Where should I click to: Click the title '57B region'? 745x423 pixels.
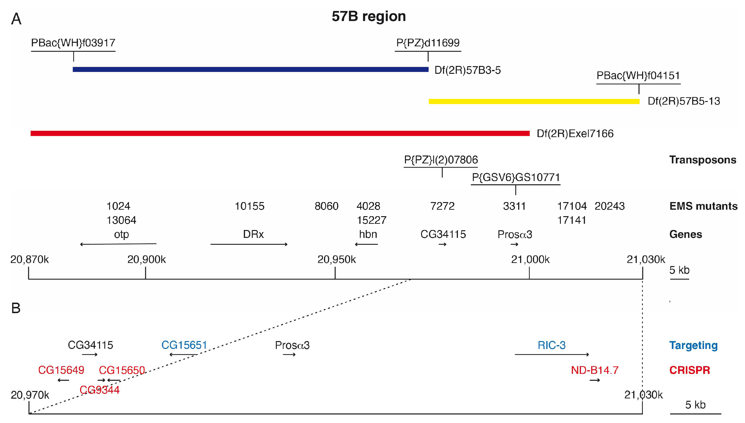(x=369, y=16)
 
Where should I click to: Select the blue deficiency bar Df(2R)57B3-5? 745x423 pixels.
(x=250, y=70)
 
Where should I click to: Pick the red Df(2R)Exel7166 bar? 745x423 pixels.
(x=280, y=133)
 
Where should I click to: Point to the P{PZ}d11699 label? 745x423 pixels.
(x=428, y=43)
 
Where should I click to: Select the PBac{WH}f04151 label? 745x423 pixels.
(x=638, y=75)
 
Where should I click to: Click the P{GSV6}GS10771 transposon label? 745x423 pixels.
(x=516, y=177)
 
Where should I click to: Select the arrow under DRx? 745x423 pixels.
(x=249, y=244)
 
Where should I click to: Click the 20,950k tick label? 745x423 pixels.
(x=336, y=259)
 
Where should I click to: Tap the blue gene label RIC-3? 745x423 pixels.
(x=551, y=345)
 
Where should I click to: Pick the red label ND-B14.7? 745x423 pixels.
(x=595, y=370)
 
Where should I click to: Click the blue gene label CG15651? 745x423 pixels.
(x=184, y=345)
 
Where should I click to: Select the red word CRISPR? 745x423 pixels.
(x=690, y=370)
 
